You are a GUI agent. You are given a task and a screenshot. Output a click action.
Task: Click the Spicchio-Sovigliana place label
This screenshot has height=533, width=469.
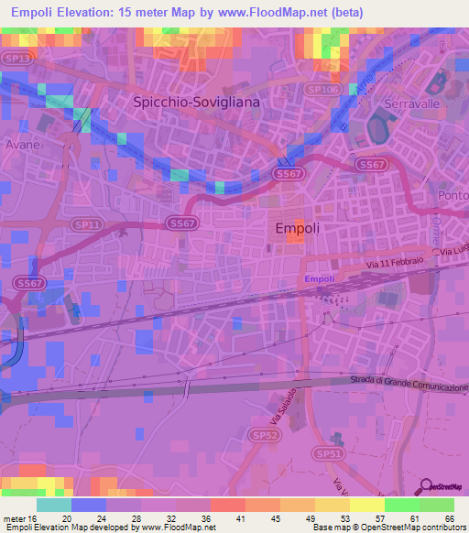click(196, 103)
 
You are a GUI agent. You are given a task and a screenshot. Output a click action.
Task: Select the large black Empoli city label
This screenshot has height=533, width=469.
click(297, 229)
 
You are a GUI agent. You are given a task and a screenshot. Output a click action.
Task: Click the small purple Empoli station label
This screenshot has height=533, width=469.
click(319, 278)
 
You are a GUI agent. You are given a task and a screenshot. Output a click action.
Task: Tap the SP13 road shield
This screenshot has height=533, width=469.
click(16, 58)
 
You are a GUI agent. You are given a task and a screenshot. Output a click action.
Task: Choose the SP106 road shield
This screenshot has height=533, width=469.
click(321, 90)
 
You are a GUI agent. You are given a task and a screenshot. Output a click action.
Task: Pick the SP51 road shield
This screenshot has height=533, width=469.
click(328, 453)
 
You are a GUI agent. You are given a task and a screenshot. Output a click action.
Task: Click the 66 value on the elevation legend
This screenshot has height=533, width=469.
click(447, 517)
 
